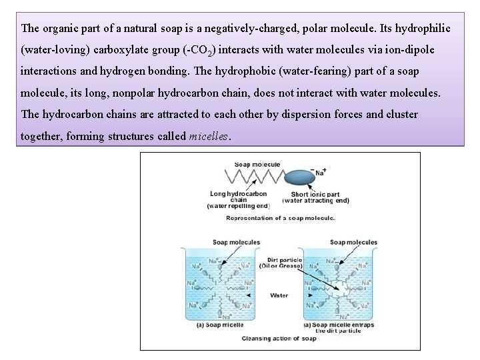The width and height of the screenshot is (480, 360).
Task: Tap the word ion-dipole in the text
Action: click(x=409, y=50)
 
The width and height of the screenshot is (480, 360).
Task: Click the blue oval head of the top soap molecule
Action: click(x=299, y=177)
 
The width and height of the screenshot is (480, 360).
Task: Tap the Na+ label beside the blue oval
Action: click(x=321, y=171)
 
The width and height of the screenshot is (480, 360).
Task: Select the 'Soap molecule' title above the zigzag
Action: click(x=257, y=164)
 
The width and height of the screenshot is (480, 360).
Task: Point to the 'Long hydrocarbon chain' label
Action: click(x=238, y=197)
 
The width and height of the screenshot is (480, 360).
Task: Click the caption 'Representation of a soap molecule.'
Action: click(x=280, y=218)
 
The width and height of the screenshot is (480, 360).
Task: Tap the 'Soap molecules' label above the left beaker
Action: click(x=236, y=242)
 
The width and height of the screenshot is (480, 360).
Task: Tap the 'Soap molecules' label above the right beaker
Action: click(x=353, y=242)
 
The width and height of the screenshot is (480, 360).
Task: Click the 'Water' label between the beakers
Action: click(x=279, y=295)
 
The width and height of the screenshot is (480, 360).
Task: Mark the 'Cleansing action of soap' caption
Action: click(x=279, y=339)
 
